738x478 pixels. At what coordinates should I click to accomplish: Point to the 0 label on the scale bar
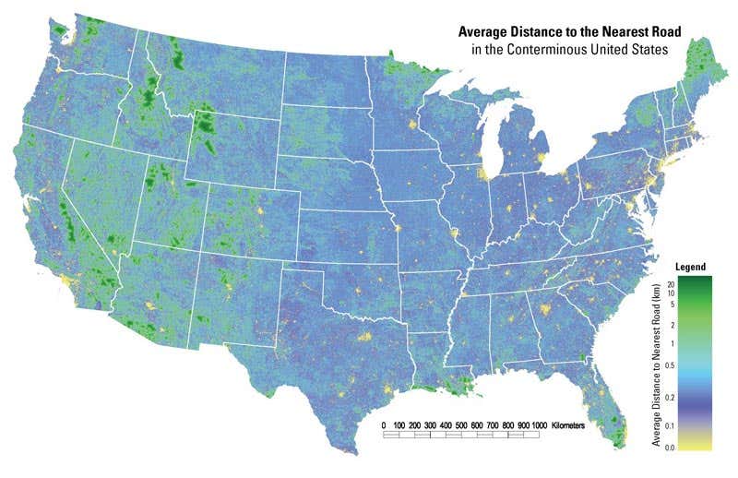[x=384, y=425]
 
